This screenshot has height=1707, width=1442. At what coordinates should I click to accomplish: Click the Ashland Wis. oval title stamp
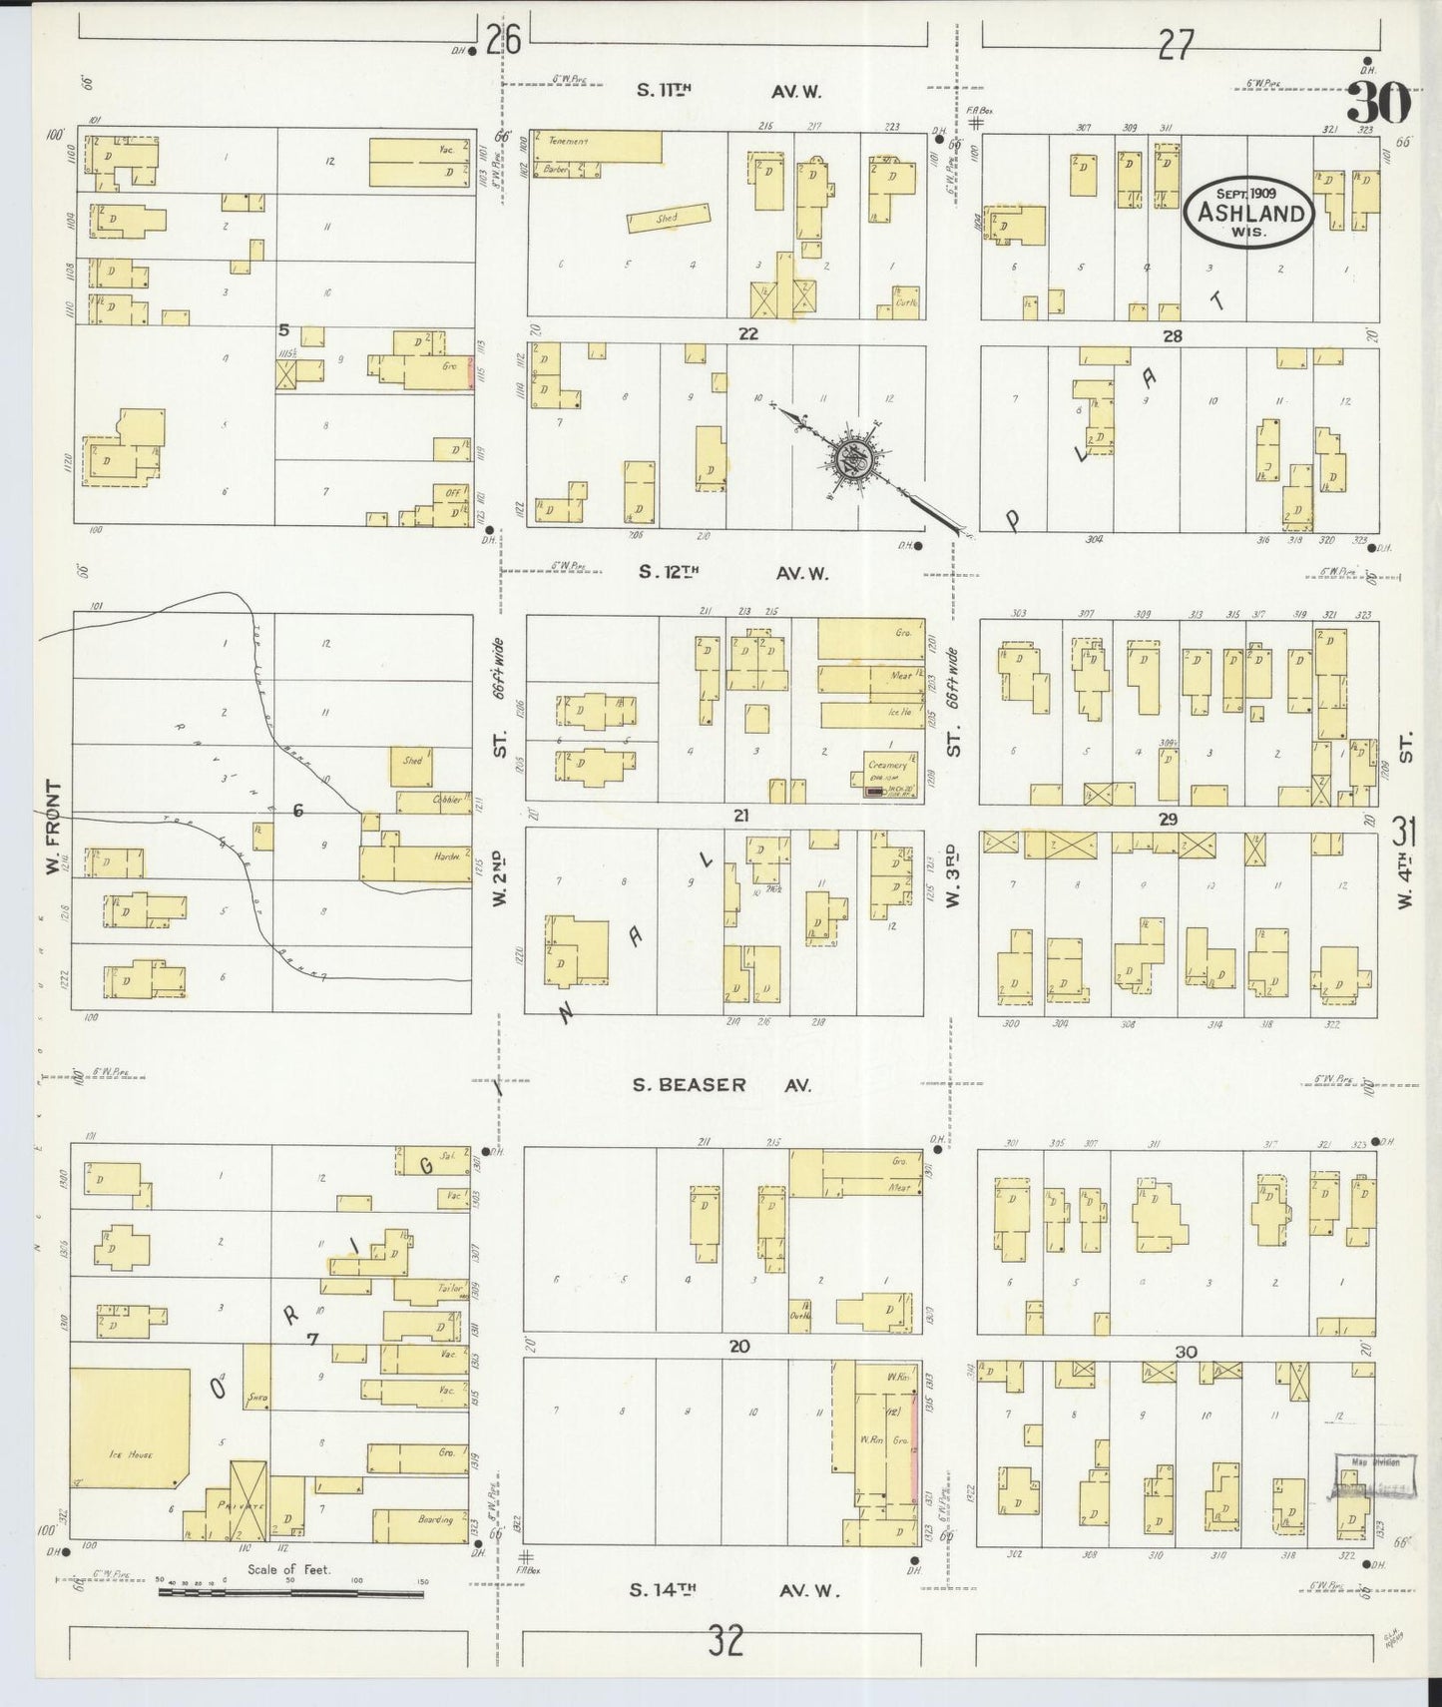point(1247,211)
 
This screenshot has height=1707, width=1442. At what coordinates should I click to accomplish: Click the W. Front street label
point(53,829)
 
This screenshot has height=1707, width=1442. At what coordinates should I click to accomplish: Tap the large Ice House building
point(130,1427)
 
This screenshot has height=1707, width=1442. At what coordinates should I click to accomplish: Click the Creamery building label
point(886,766)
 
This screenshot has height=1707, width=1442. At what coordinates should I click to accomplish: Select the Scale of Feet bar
point(290,1593)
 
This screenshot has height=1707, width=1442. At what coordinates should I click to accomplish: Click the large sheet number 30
point(1381,102)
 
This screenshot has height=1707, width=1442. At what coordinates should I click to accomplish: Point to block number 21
point(739,816)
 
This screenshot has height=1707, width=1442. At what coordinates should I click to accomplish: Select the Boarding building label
point(435,1520)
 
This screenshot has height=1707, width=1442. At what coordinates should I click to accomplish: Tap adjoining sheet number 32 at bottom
point(725,1640)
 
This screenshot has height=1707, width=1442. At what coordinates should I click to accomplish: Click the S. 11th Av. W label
point(728,91)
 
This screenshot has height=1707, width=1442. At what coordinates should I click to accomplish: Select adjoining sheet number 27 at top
point(1176,44)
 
